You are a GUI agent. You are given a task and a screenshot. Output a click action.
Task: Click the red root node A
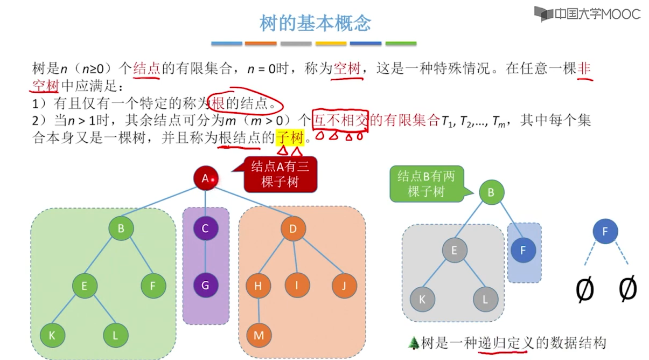point(205,178)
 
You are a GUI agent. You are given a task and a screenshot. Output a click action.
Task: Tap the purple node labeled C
point(205,229)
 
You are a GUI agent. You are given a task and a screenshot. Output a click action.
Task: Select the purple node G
point(205,286)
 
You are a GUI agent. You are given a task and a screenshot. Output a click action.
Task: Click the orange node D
point(293,229)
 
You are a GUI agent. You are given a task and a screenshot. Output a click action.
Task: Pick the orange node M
point(259,335)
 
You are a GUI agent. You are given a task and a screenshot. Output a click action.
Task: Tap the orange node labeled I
point(297,286)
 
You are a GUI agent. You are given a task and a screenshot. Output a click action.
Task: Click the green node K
point(52,335)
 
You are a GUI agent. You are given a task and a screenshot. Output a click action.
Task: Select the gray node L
point(486,299)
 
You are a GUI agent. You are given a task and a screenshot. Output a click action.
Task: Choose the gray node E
point(455,250)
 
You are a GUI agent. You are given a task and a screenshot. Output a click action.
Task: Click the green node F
point(153,286)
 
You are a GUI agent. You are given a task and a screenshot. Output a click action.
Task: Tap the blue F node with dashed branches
point(605,232)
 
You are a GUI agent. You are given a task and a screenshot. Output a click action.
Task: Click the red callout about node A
point(280,174)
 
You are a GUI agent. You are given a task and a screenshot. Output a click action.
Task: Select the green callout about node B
point(426,184)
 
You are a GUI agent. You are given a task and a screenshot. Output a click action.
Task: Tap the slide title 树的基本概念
point(315,23)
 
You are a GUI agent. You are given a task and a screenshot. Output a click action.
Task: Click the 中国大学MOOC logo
point(587,13)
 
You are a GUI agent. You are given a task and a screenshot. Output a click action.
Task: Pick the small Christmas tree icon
point(414,343)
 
